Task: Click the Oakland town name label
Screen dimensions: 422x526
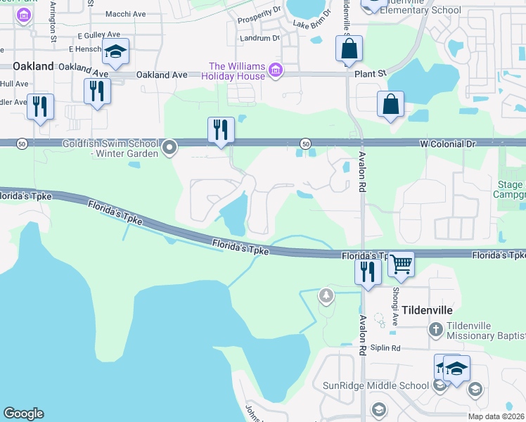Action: click(x=33, y=65)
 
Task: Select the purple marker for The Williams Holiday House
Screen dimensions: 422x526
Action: click(x=275, y=70)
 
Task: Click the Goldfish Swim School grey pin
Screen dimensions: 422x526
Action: click(x=169, y=148)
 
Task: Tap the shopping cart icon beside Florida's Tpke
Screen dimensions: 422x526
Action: click(x=401, y=265)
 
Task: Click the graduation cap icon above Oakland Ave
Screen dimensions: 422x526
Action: click(x=115, y=52)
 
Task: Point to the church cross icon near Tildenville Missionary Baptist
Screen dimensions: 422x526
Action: click(x=436, y=328)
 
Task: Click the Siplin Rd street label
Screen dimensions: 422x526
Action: click(x=386, y=348)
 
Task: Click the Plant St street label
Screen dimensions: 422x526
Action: click(x=372, y=72)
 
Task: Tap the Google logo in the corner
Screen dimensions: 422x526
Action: click(x=23, y=414)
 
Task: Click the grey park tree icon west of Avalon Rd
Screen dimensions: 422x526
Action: click(x=326, y=295)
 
